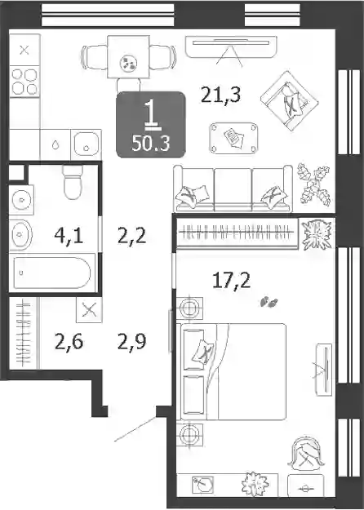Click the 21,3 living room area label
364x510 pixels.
coord(221,95)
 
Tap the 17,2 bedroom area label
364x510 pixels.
coord(231,281)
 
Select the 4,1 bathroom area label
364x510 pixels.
coord(69,236)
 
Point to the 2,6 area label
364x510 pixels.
coord(69,342)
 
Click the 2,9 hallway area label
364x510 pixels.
coord(131,342)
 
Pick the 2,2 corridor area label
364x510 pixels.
coord(131,236)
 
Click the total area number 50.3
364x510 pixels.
coord(151,144)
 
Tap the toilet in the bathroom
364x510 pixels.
coord(73,182)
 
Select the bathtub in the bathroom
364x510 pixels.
coord(52,273)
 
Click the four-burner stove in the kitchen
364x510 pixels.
coord(24,82)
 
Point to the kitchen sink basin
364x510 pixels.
coord(86,144)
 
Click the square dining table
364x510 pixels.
coord(128,57)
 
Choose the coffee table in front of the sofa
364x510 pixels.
coord(233,138)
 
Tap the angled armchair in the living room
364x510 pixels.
coord(289,101)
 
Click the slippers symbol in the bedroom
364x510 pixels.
coord(269,302)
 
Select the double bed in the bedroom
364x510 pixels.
coord(233,371)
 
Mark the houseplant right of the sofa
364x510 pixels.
coord(314,184)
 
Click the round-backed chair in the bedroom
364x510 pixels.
coord(307,453)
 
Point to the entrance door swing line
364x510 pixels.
coord(135,428)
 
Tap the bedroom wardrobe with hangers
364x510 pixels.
coord(237,233)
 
